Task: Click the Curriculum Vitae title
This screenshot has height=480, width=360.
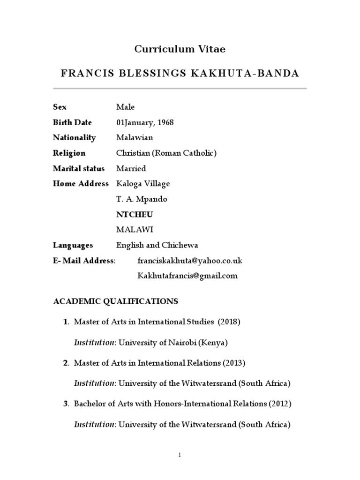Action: (x=180, y=49)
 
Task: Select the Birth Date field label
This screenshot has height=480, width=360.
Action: (x=72, y=122)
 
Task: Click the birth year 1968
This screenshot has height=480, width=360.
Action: (x=165, y=122)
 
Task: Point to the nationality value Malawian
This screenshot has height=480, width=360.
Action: (x=135, y=138)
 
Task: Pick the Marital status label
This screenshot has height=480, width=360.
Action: (x=79, y=168)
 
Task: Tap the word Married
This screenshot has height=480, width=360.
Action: (x=131, y=168)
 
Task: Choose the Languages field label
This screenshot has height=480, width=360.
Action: (x=73, y=245)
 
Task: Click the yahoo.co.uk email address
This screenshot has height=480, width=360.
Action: (x=189, y=261)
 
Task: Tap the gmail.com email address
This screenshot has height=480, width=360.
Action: (x=187, y=276)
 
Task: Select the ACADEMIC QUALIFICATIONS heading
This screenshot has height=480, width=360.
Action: (x=115, y=301)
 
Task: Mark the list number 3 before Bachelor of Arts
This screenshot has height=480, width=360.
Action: (x=66, y=404)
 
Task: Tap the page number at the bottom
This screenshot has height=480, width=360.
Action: (x=180, y=454)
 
